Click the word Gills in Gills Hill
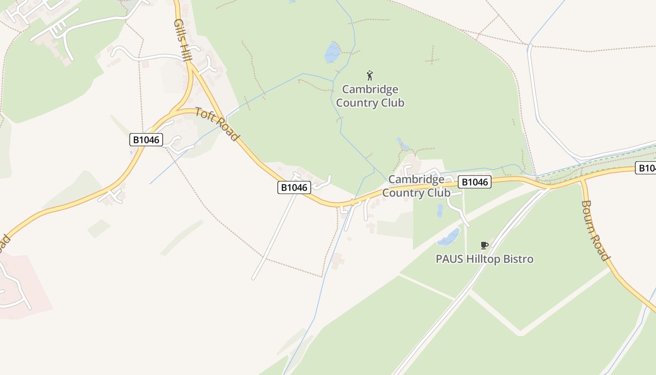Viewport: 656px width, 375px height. click(179, 29)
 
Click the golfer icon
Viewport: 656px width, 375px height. click(370, 75)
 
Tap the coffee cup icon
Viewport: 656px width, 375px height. click(485, 245)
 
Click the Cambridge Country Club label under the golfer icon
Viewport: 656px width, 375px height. click(370, 96)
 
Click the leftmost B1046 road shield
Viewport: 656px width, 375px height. click(146, 140)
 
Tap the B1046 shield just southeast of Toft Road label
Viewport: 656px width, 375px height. click(294, 188)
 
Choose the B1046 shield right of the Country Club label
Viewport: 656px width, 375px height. click(474, 182)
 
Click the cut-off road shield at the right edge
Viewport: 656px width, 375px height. click(647, 168)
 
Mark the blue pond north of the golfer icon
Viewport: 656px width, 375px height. click(332, 52)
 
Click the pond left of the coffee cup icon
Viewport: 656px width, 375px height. click(449, 238)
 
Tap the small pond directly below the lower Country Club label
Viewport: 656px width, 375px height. click(440, 210)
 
